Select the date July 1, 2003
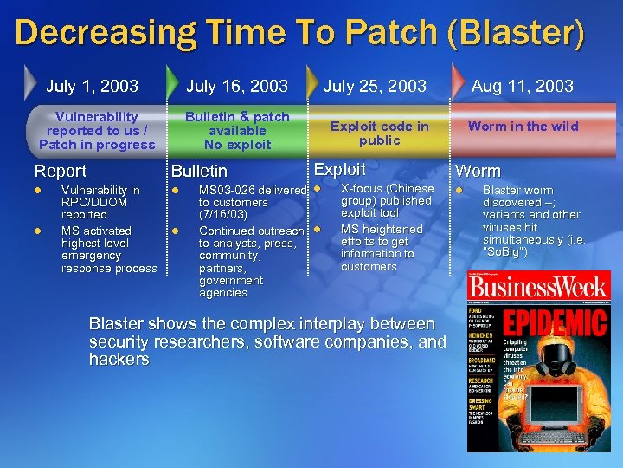(x=92, y=86)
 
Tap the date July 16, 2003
(x=237, y=86)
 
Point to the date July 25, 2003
(x=375, y=86)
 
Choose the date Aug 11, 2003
(x=522, y=86)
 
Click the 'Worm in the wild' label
(x=523, y=127)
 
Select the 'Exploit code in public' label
(x=379, y=133)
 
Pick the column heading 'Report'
(x=60, y=172)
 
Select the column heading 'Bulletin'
(x=199, y=172)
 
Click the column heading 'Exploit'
(x=339, y=170)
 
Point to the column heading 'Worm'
(x=478, y=172)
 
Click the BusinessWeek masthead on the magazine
(x=538, y=289)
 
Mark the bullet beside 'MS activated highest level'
(x=37, y=231)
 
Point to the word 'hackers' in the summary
(x=119, y=360)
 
